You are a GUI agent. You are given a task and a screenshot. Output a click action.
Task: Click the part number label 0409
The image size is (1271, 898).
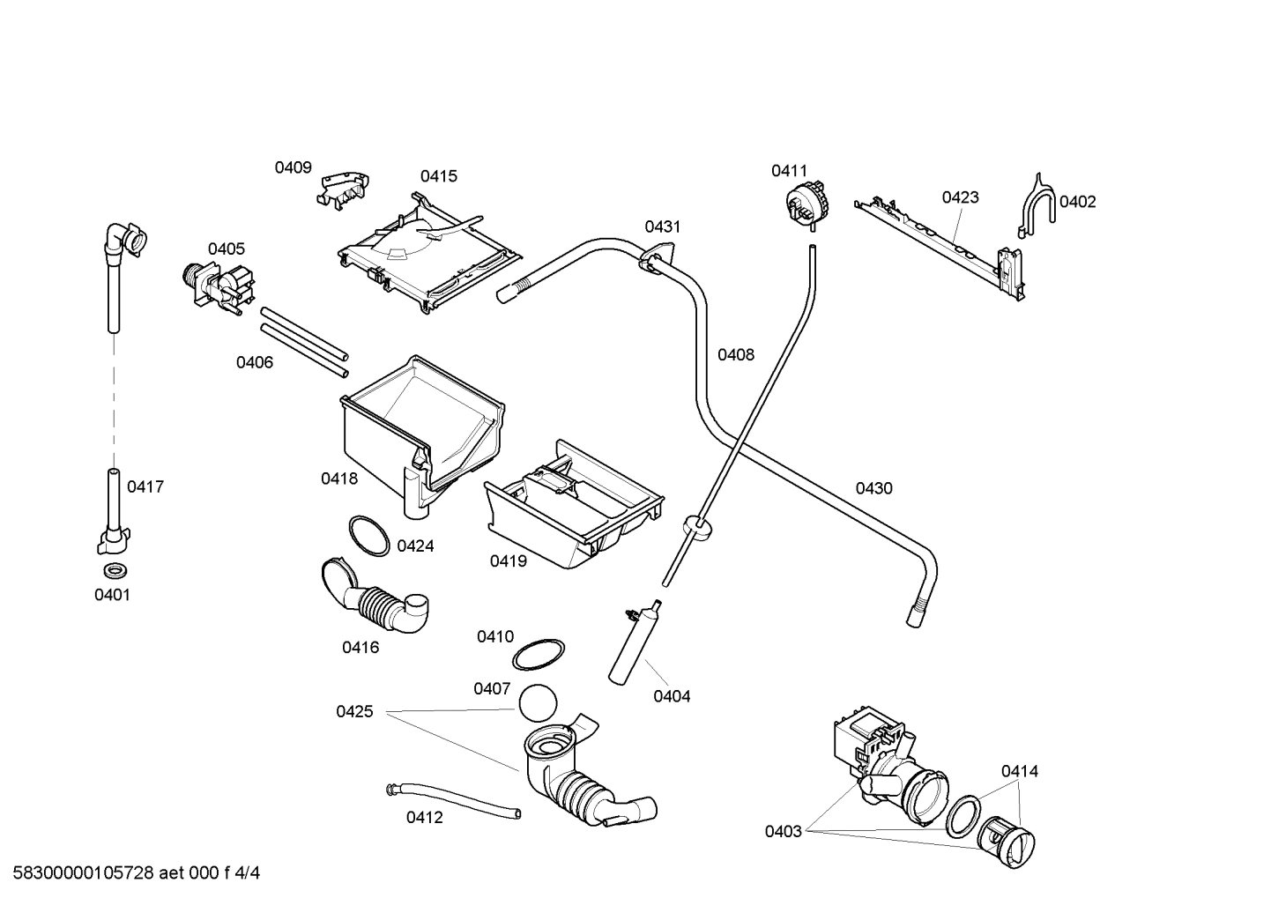click(x=293, y=167)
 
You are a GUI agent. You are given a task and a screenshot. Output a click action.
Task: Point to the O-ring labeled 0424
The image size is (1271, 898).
click(x=368, y=536)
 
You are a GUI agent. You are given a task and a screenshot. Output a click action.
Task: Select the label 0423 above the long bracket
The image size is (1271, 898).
click(x=960, y=197)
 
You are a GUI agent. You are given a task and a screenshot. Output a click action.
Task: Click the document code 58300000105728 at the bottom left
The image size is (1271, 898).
click(x=79, y=873)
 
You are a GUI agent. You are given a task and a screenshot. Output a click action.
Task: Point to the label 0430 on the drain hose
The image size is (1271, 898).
click(x=873, y=488)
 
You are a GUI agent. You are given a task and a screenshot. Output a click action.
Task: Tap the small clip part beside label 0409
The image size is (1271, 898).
click(x=344, y=189)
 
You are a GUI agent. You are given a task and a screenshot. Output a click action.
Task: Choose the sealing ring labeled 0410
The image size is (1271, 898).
click(x=539, y=654)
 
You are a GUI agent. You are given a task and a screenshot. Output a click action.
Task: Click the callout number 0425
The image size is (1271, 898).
click(x=354, y=711)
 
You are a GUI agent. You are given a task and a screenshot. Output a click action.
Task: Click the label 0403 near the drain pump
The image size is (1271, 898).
click(x=783, y=831)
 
